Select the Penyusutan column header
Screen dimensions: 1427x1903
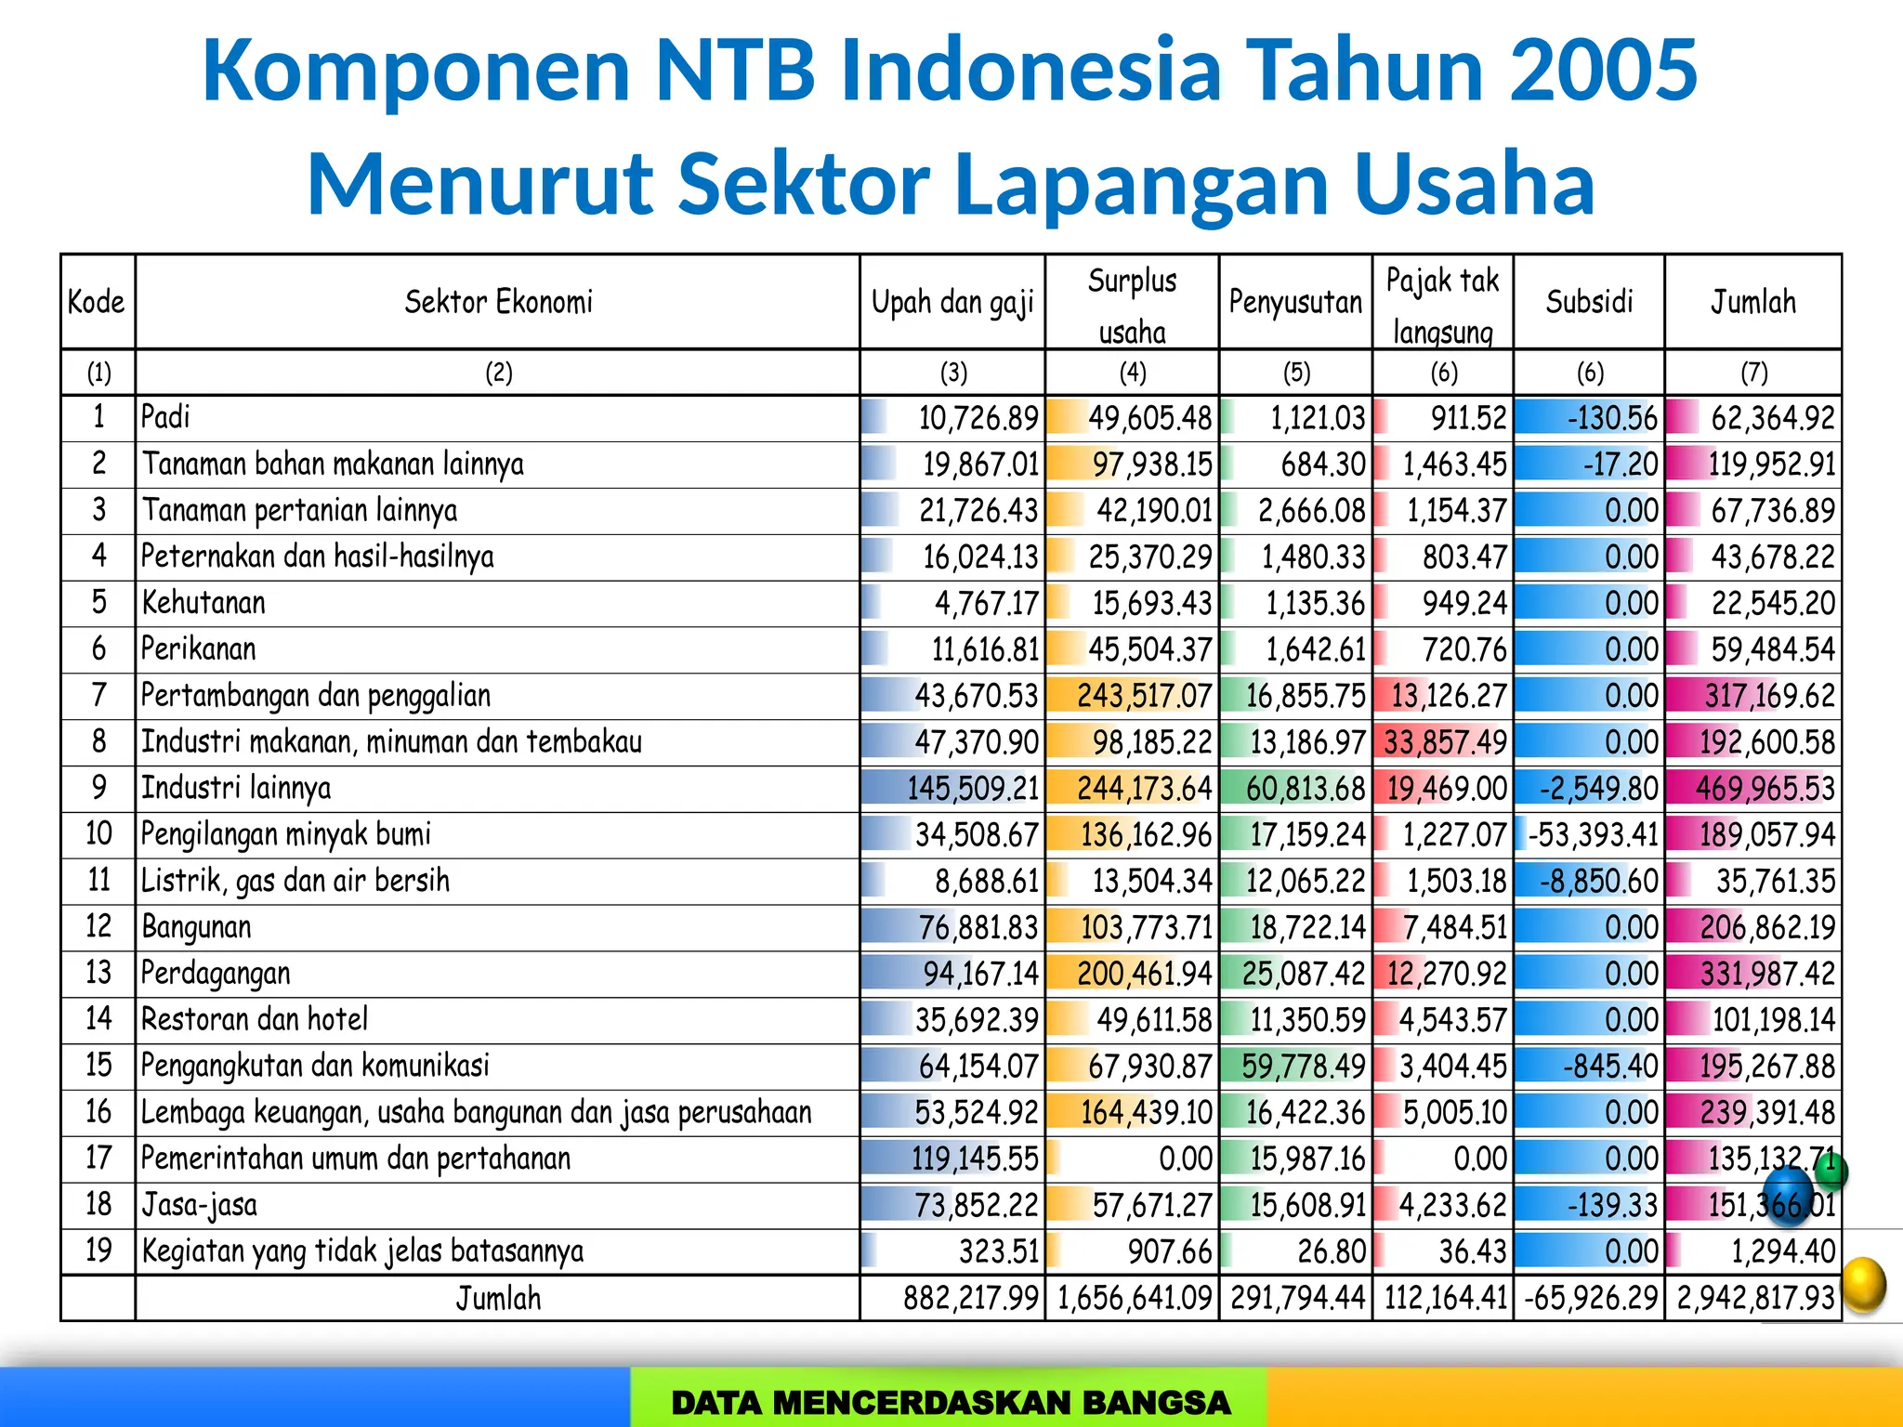pyautogui.click(x=1295, y=302)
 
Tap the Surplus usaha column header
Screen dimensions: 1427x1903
pyautogui.click(x=1132, y=305)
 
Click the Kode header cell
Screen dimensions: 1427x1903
pyautogui.click(x=97, y=302)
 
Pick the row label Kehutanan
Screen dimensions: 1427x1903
pyautogui.click(x=203, y=603)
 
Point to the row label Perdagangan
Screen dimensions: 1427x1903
pyautogui.click(x=216, y=973)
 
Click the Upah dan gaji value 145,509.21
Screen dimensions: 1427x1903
pyautogui.click(x=972, y=789)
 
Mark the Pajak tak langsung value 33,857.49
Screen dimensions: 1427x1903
pyautogui.click(x=1445, y=742)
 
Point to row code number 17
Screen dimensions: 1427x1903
pyautogui.click(x=98, y=1159)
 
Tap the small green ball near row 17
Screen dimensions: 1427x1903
pyautogui.click(x=1831, y=1172)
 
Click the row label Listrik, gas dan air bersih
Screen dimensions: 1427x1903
pyautogui.click(x=295, y=881)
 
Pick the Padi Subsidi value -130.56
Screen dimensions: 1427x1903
pyautogui.click(x=1611, y=418)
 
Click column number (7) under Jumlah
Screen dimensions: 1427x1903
pyautogui.click(x=1753, y=373)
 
